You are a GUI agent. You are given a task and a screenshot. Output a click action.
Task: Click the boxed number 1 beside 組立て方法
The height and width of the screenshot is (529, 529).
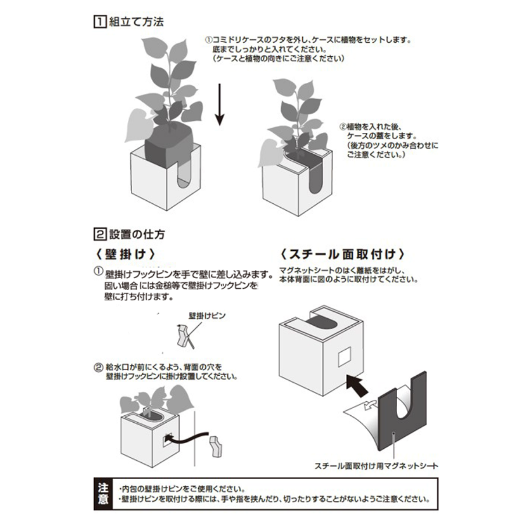[99, 22]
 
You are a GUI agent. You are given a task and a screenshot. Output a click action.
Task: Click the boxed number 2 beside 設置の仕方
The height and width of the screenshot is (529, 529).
[99, 234]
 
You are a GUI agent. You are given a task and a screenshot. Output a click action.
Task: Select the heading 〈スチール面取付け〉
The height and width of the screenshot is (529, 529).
[342, 254]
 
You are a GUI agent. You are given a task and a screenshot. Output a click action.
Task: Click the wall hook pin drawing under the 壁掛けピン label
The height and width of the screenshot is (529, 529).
[184, 336]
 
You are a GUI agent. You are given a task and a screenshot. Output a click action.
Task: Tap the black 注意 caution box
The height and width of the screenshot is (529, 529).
[103, 494]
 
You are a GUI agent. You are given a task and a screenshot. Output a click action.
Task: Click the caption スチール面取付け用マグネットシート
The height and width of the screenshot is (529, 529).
[376, 466]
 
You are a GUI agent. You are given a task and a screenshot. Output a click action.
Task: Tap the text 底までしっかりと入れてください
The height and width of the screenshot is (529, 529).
[269, 49]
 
